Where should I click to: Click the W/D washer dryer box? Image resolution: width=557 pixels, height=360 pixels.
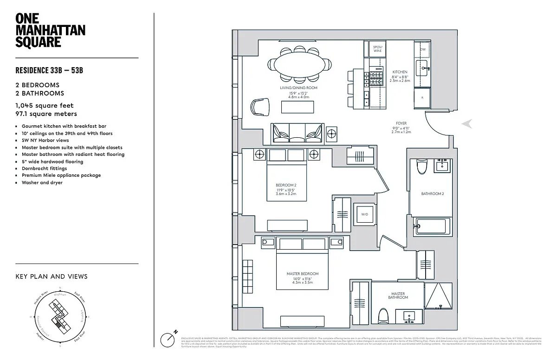364,214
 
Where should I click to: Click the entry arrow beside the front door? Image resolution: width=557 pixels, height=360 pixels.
468,123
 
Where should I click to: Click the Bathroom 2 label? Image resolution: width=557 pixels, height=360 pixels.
433,193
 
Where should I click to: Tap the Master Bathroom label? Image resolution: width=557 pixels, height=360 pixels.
398,295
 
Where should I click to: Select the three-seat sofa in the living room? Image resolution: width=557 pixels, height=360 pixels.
297,133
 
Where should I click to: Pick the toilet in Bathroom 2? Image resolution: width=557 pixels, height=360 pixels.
422,166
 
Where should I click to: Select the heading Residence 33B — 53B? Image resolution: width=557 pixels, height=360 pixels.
49,71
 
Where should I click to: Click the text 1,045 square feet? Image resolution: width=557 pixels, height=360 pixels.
45,106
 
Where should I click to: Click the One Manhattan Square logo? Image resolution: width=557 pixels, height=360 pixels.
44,30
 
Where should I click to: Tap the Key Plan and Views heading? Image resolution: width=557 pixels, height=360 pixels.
52,276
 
